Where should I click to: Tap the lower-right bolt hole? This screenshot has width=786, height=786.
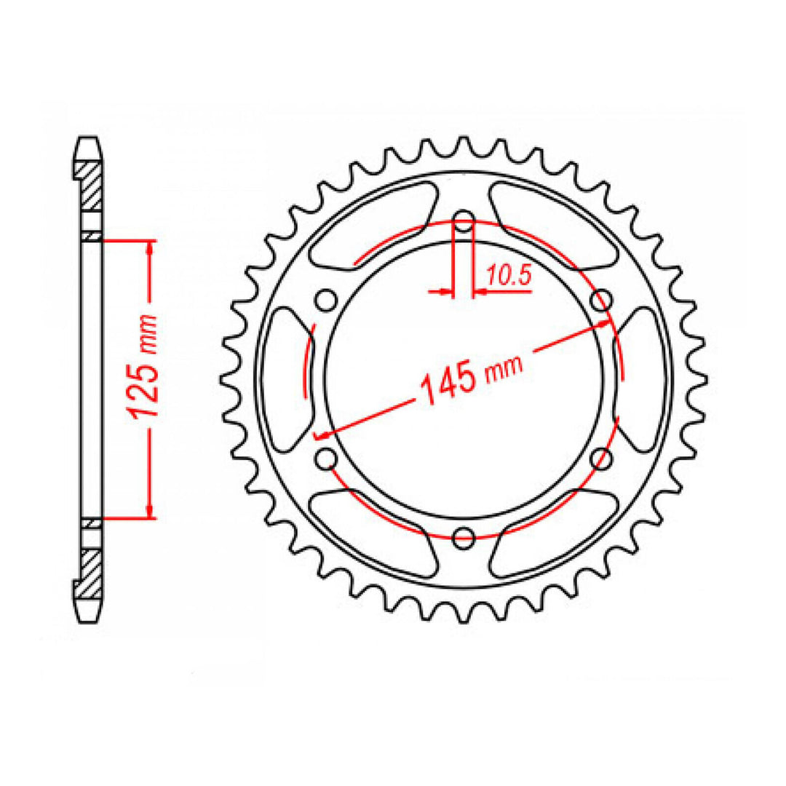[x=601, y=458]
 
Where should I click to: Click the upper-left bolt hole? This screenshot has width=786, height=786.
[x=326, y=300]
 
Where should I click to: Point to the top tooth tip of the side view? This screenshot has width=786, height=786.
[x=89, y=141]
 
